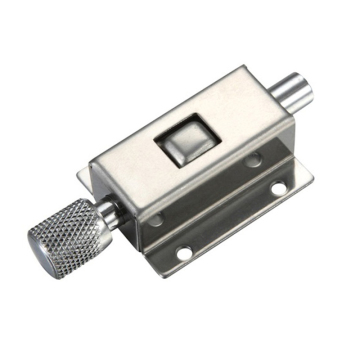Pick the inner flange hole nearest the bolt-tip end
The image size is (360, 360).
click(x=254, y=159)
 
